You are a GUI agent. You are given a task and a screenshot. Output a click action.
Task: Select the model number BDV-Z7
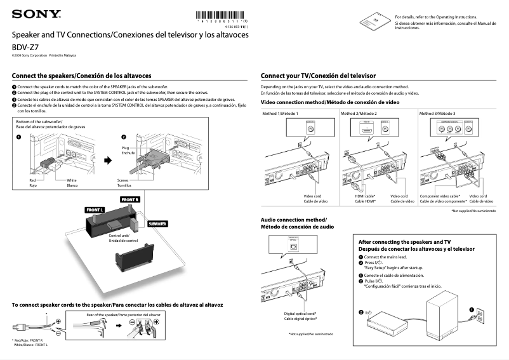[x=25, y=47]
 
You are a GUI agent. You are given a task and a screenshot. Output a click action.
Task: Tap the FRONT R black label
[x=130, y=199]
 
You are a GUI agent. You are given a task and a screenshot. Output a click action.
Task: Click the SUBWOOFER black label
[x=157, y=224]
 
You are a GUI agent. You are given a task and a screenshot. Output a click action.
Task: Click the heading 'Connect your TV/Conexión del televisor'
[x=318, y=75]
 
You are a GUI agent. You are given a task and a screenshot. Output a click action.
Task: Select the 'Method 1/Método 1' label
[x=279, y=113]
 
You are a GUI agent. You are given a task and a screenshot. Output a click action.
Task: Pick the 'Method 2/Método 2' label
[x=359, y=113]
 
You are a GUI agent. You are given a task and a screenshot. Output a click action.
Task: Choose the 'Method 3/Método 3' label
[x=437, y=113]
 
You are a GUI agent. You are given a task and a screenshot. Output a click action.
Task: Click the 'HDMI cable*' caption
[x=365, y=196]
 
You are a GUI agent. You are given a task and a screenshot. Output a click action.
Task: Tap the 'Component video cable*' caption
[x=440, y=196]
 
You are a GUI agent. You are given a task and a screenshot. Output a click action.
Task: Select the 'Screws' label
[x=123, y=180]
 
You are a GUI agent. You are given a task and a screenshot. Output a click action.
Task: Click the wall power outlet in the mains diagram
[x=479, y=315]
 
